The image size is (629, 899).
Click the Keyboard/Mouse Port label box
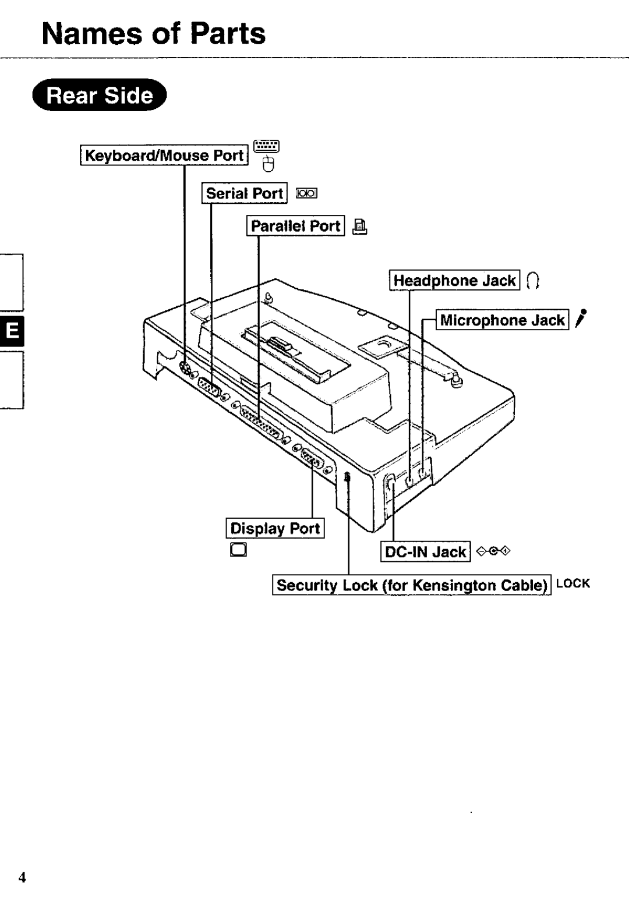point(164,155)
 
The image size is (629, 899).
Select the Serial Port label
point(245,193)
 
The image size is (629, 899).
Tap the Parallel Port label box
point(296,226)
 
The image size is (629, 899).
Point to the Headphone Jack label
point(454,281)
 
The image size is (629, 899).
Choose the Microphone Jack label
point(502,320)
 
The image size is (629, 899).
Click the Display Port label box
point(275,528)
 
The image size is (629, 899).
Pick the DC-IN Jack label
point(426,551)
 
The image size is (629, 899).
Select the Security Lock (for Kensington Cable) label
point(412,585)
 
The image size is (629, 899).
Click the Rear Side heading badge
point(100,95)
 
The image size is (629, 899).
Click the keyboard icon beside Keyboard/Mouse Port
point(267,146)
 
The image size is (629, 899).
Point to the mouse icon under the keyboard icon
point(268,165)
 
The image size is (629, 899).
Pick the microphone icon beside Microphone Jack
point(580,320)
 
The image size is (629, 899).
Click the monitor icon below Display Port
point(239,550)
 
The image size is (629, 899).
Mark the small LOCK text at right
point(573,583)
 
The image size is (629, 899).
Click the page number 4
point(22,878)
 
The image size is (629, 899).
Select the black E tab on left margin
point(12,332)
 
